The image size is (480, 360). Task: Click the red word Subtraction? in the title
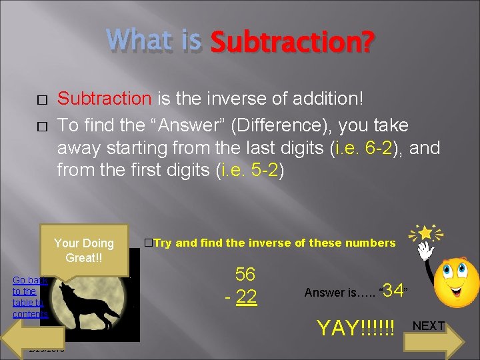pos(292,43)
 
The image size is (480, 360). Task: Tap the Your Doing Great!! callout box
pos(84,250)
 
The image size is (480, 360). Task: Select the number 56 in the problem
pos(245,274)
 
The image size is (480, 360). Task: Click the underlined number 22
pos(247,297)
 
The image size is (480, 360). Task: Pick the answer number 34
pos(393,291)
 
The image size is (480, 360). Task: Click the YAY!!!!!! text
pos(355,328)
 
